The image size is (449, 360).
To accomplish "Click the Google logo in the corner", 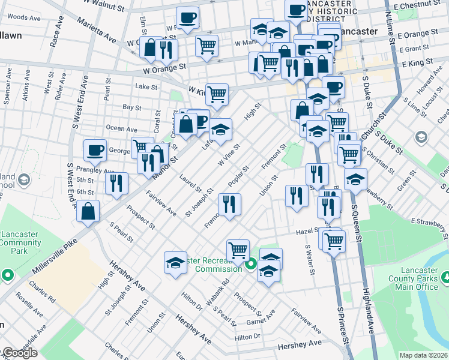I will coord(19,353).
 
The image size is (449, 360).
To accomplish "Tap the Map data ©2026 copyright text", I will coord(423,355).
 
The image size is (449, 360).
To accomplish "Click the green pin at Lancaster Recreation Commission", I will coord(251,263).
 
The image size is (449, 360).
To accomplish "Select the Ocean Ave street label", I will coord(122,128).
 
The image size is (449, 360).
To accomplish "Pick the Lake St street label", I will coord(146,87).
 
